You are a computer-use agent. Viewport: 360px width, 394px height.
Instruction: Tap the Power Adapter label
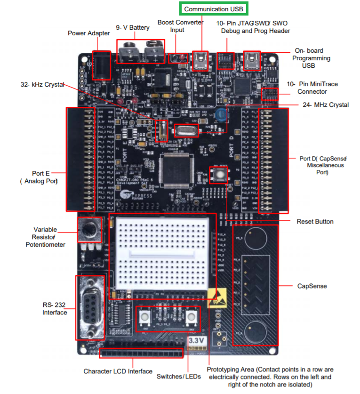tap(89, 33)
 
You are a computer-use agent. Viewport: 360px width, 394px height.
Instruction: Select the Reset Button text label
tap(315, 221)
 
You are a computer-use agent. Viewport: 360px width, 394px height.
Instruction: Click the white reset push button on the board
tap(219, 176)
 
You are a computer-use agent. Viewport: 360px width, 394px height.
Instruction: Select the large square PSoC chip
tap(179, 171)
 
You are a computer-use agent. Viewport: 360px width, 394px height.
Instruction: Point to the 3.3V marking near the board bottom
tap(196, 340)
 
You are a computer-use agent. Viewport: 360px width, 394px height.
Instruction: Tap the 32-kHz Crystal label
tap(41, 85)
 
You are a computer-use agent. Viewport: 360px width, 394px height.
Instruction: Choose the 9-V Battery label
tap(133, 28)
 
